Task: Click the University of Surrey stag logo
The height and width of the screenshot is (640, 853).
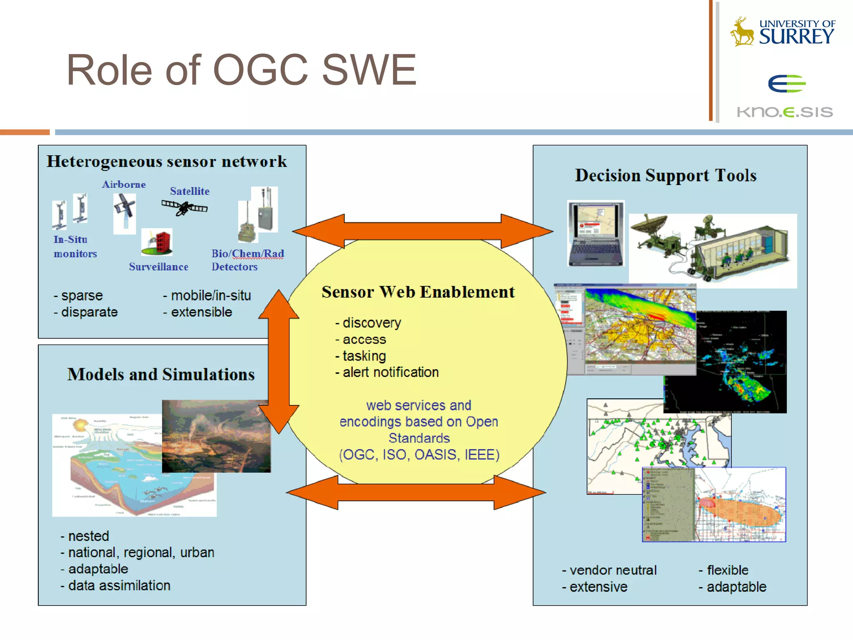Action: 742,32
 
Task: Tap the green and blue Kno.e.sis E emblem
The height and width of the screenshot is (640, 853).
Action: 786,84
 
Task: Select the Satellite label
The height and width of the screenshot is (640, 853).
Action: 190,191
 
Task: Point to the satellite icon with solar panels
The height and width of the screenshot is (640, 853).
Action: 185,207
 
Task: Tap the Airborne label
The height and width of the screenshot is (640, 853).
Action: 124,184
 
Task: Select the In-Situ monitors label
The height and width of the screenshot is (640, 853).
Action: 75,246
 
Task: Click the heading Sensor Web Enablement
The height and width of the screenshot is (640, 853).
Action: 418,292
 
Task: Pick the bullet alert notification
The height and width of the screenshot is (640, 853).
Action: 387,372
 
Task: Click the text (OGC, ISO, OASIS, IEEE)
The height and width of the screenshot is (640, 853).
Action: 419,455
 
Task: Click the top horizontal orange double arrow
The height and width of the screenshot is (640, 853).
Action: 422,231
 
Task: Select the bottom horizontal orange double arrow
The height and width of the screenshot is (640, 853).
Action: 416,492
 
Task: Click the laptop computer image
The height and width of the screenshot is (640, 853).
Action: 596,233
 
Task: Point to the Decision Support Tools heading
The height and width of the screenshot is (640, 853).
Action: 666,175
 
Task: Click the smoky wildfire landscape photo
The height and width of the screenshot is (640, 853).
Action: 216,436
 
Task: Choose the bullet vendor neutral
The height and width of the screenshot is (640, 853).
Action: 609,570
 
